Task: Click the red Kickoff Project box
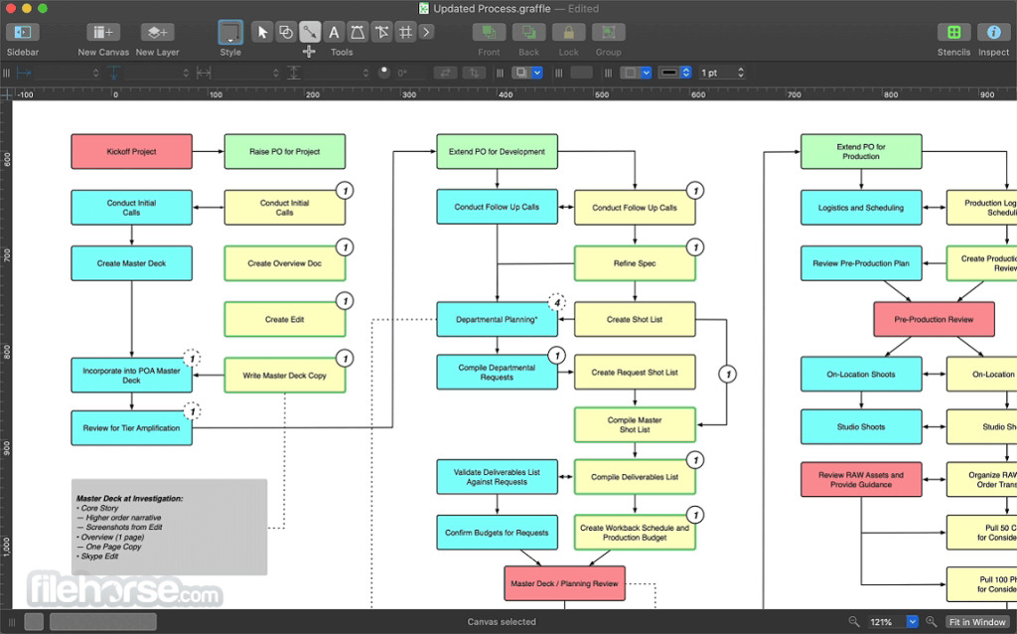[131, 152]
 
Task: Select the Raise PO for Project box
[285, 152]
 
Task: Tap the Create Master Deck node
[131, 263]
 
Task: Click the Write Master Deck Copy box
[285, 375]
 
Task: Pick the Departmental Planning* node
[497, 319]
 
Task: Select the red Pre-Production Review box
[934, 319]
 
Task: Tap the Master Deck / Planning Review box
[564, 583]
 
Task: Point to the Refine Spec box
[635, 263]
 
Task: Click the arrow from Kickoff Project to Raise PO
[207, 152]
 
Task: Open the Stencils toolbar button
[953, 33]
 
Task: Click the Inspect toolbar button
[993, 33]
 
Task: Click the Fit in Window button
[976, 622]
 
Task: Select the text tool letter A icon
[334, 32]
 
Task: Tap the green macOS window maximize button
[43, 8]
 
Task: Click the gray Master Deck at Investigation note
[169, 527]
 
